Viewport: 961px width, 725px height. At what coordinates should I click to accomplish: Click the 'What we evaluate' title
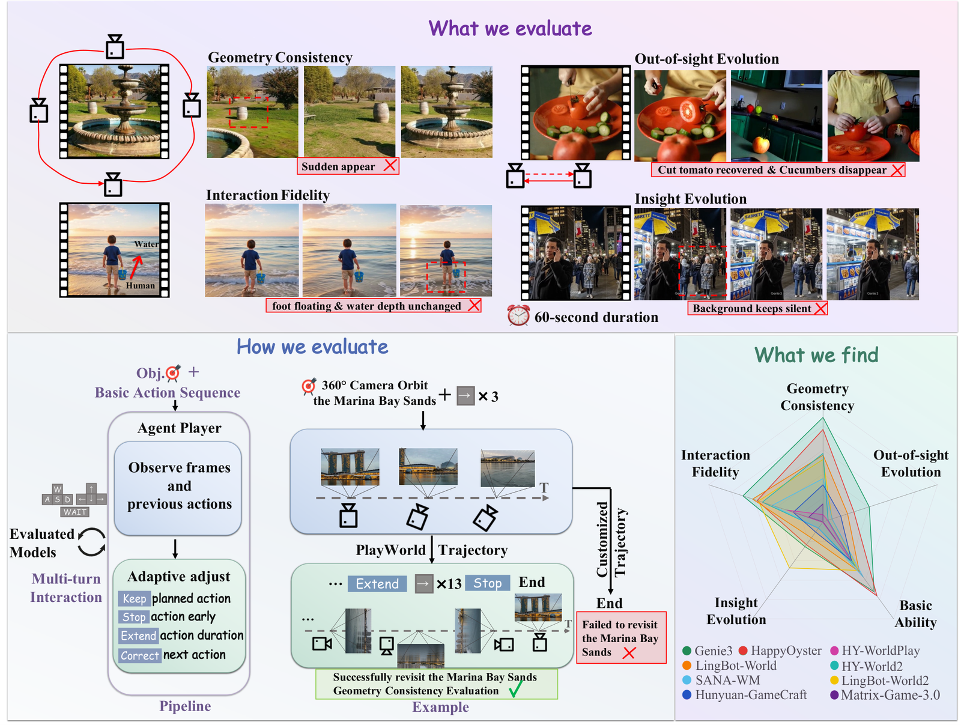click(x=509, y=28)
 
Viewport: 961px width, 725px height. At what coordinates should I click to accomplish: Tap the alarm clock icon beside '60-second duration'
click(x=518, y=315)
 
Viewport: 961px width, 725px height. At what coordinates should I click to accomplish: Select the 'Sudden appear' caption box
click(x=348, y=166)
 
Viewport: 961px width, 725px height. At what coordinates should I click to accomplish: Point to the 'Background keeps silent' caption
click(x=757, y=308)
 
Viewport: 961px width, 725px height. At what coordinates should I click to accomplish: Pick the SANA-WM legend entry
click(x=721, y=680)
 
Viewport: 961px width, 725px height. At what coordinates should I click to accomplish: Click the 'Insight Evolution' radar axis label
click(x=736, y=611)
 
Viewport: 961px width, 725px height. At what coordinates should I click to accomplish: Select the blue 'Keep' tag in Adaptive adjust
click(x=135, y=598)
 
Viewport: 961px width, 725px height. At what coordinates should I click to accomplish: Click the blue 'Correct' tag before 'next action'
click(x=140, y=655)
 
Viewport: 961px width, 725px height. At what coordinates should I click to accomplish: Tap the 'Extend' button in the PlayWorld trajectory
click(x=377, y=584)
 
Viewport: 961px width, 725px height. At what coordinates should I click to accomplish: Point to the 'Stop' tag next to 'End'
click(x=487, y=583)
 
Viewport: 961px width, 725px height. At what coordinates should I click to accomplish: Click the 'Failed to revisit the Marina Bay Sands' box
click(x=621, y=637)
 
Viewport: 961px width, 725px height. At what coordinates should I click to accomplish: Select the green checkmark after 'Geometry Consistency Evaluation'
click(x=515, y=689)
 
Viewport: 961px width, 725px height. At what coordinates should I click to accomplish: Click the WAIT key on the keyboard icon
click(x=75, y=512)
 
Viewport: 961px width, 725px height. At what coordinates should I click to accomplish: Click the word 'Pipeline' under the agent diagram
click(x=185, y=706)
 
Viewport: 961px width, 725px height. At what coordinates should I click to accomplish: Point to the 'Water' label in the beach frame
click(x=146, y=244)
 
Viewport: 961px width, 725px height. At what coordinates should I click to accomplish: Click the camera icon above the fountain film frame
click(x=115, y=46)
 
